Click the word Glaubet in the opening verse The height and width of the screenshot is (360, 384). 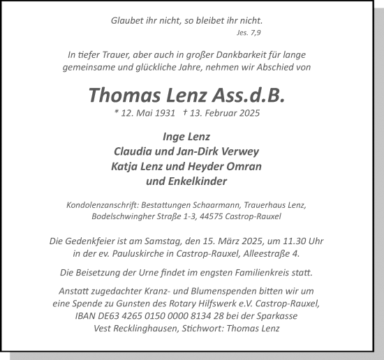coord(127,20)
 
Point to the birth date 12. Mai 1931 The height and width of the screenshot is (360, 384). coord(144,113)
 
